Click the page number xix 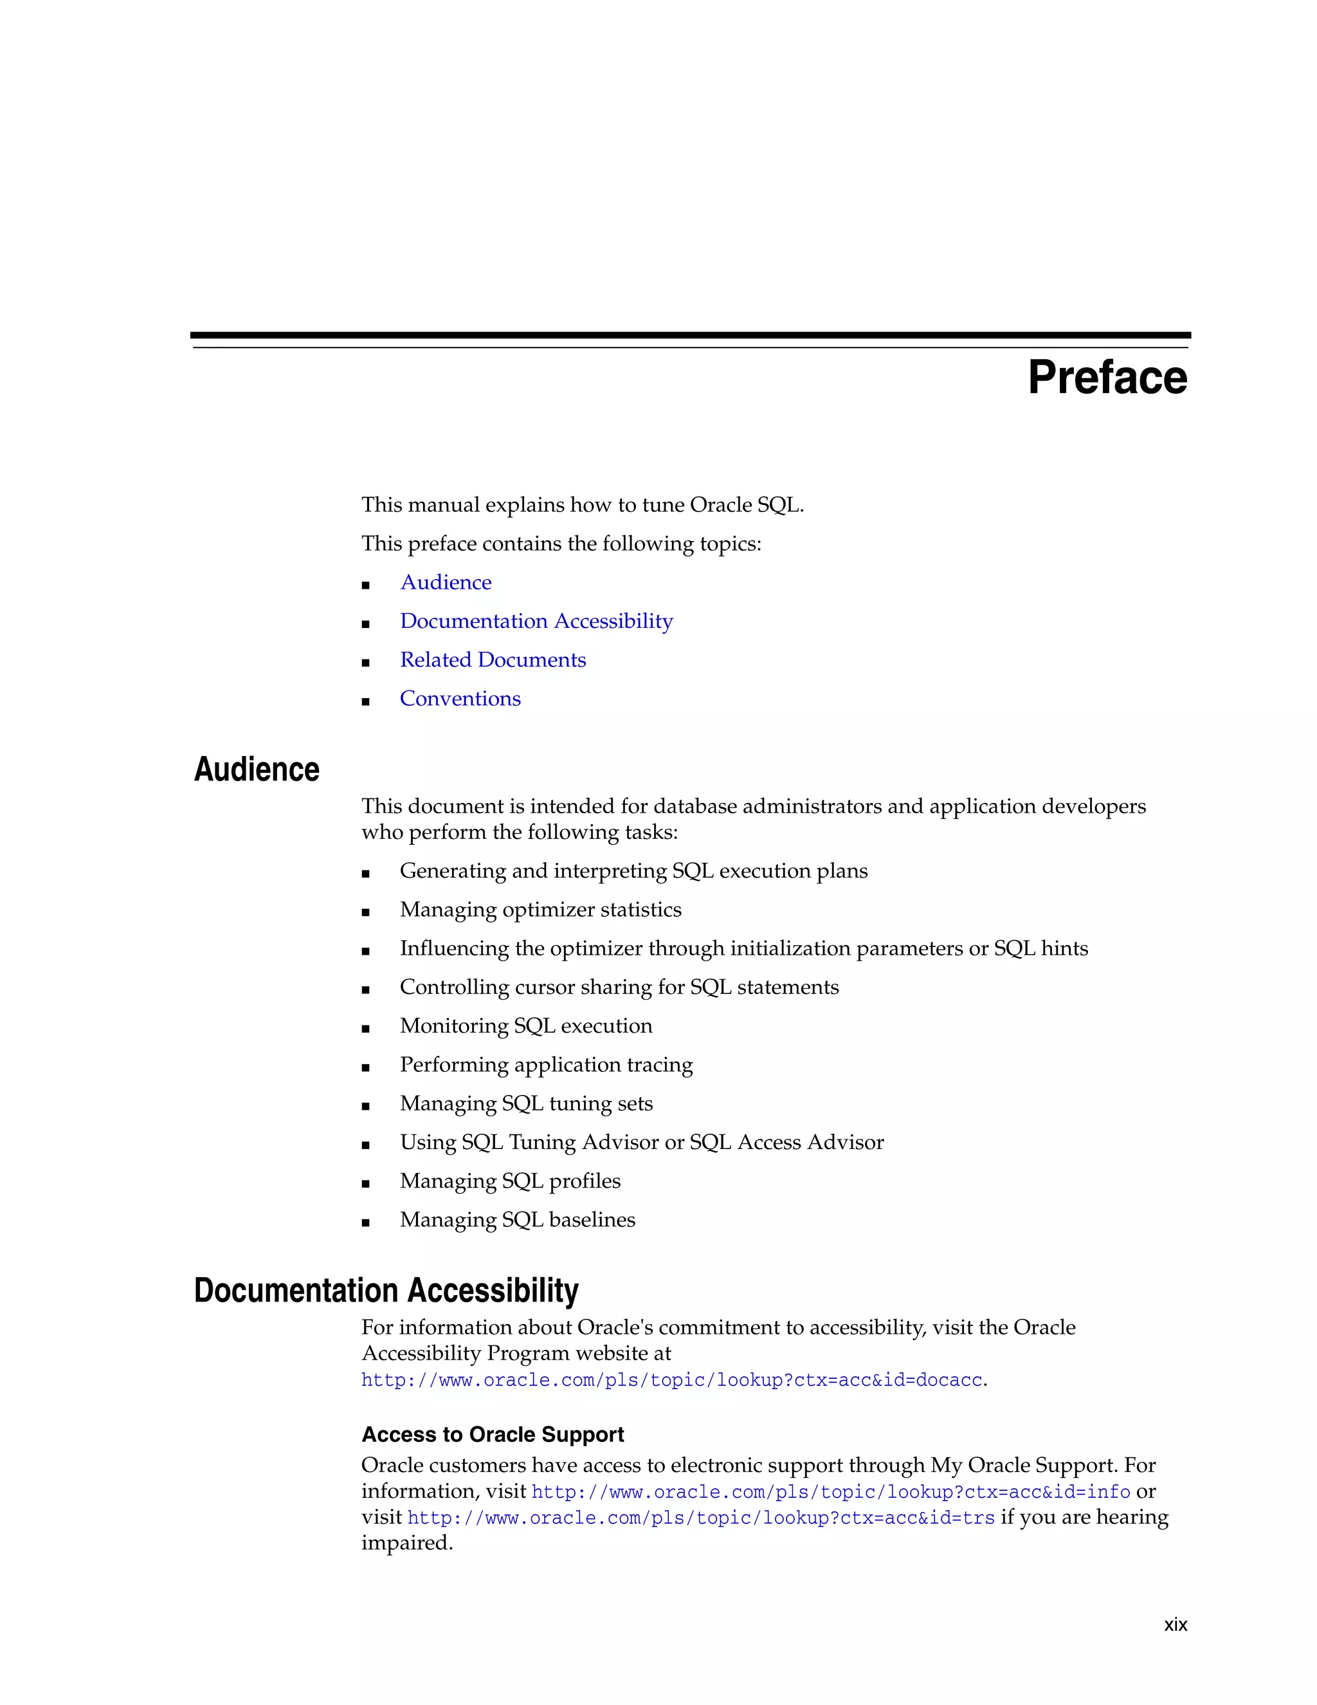pyautogui.click(x=1175, y=1625)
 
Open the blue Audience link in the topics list pyautogui.click(x=446, y=582)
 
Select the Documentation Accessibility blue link pyautogui.click(x=536, y=622)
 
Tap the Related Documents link pyautogui.click(x=493, y=661)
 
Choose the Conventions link pyautogui.click(x=460, y=699)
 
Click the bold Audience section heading pyautogui.click(x=257, y=770)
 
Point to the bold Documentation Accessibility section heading pyautogui.click(x=386, y=1291)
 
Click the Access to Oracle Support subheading pyautogui.click(x=493, y=1434)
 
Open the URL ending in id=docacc pyautogui.click(x=671, y=1380)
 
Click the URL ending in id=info pyautogui.click(x=830, y=1492)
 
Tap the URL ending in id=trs pyautogui.click(x=701, y=1518)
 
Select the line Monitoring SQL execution pyautogui.click(x=526, y=1026)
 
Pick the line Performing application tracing pyautogui.click(x=546, y=1065)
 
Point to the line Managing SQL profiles pyautogui.click(x=510, y=1181)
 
